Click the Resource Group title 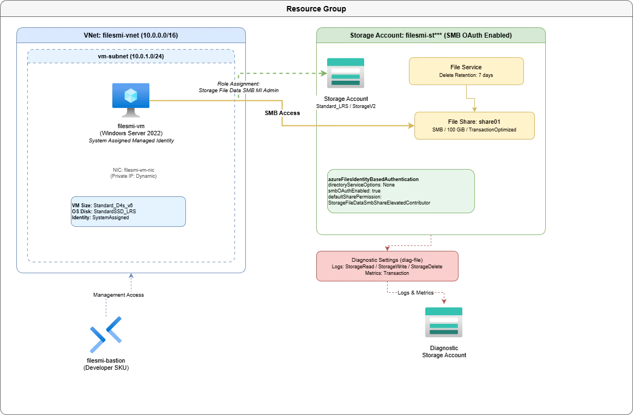pyautogui.click(x=316, y=9)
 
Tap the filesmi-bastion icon pyautogui.click(x=106, y=335)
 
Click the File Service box pyautogui.click(x=466, y=71)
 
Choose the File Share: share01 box pyautogui.click(x=474, y=125)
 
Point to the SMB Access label pyautogui.click(x=282, y=113)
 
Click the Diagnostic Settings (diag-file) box pyautogui.click(x=387, y=266)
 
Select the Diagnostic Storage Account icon pyautogui.click(x=444, y=322)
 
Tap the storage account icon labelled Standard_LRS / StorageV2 pyautogui.click(x=346, y=73)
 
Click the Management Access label pyautogui.click(x=118, y=294)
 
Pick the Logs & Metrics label pyautogui.click(x=415, y=293)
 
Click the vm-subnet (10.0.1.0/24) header pyautogui.click(x=131, y=57)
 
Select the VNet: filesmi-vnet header pyautogui.click(x=131, y=35)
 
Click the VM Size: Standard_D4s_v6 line pyautogui.click(x=102, y=206)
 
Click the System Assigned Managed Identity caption pyautogui.click(x=131, y=141)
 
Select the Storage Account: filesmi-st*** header pyautogui.click(x=431, y=35)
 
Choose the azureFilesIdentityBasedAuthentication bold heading pyautogui.click(x=373, y=179)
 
